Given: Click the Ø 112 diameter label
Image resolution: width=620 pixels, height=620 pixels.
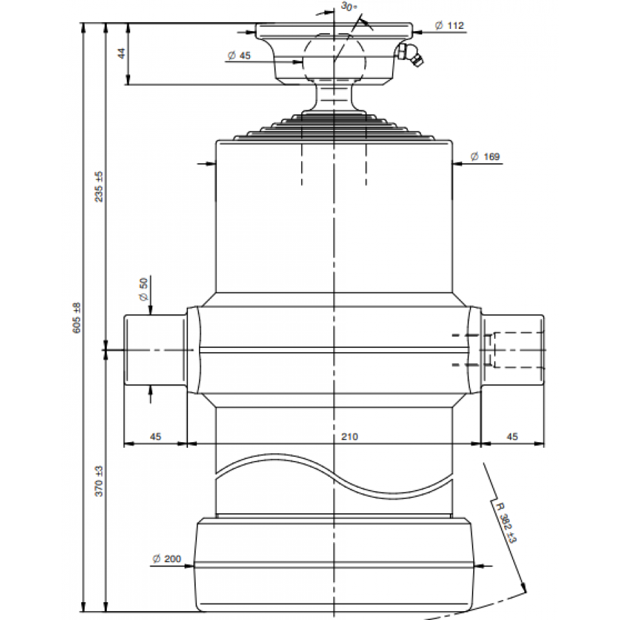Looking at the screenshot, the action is click(449, 25).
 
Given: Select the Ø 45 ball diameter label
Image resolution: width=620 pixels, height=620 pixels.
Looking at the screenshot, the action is click(240, 55).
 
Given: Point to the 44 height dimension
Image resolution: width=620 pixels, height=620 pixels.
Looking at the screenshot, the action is click(122, 53).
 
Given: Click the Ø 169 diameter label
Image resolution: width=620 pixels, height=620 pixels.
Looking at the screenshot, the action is click(485, 156).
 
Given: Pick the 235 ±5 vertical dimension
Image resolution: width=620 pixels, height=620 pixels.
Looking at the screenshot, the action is click(99, 187).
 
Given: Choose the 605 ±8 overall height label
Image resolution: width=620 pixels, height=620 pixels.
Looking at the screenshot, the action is click(76, 318).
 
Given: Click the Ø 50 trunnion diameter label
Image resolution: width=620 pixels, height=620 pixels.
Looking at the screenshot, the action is click(143, 289).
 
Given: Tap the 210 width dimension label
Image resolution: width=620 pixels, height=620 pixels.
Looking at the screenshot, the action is click(349, 437).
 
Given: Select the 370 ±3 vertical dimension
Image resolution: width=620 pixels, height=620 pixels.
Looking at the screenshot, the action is click(99, 481).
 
